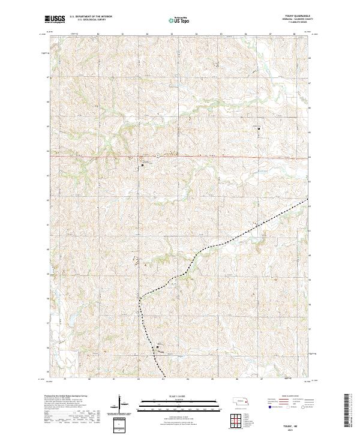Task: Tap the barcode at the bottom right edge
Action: coord(349,411)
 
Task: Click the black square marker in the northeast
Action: coord(259,128)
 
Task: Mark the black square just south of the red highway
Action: coord(143,164)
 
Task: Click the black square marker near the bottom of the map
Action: coord(158,346)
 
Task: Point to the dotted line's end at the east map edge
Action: coord(308,199)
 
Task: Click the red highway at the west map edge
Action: coord(50,157)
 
